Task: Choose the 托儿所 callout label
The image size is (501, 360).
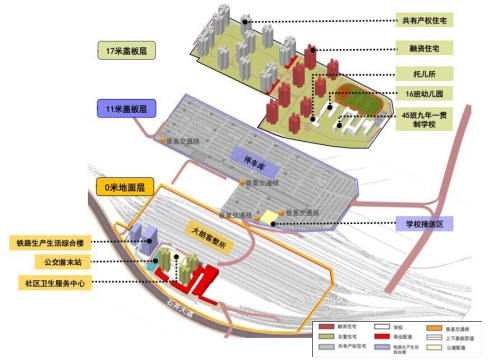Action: (x=439, y=74)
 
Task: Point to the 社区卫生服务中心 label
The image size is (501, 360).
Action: (x=52, y=283)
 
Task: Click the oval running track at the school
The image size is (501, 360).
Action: (x=352, y=101)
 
